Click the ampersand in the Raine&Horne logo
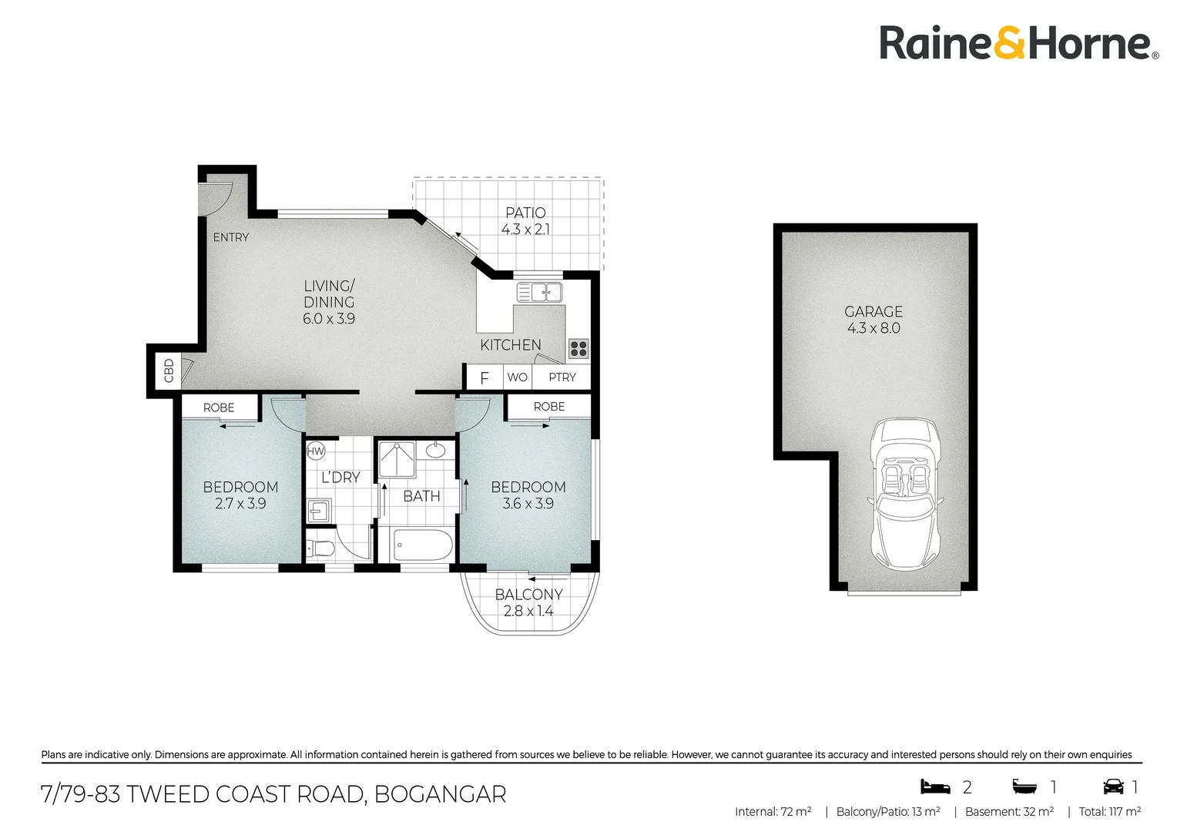pyautogui.click(x=1009, y=42)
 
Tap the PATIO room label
pyautogui.click(x=525, y=213)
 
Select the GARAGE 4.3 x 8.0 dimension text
pyautogui.click(x=874, y=328)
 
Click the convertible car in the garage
pyautogui.click(x=905, y=494)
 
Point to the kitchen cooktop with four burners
pyautogui.click(x=578, y=348)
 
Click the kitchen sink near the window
pyautogui.click(x=539, y=292)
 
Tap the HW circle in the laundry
pyautogui.click(x=315, y=451)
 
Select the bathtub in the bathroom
pyautogui.click(x=422, y=545)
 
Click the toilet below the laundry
pyautogui.click(x=320, y=549)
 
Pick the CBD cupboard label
pyautogui.click(x=169, y=371)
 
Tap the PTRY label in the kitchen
pyautogui.click(x=562, y=377)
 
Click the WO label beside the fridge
pyautogui.click(x=517, y=377)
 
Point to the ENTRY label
pyautogui.click(x=230, y=237)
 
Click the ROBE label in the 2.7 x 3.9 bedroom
pyautogui.click(x=219, y=408)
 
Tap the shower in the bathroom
pyautogui.click(x=397, y=459)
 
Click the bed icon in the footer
pyautogui.click(x=935, y=787)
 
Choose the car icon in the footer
pyautogui.click(x=1113, y=787)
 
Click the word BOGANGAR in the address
pyautogui.click(x=441, y=794)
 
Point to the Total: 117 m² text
pyautogui.click(x=1110, y=811)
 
